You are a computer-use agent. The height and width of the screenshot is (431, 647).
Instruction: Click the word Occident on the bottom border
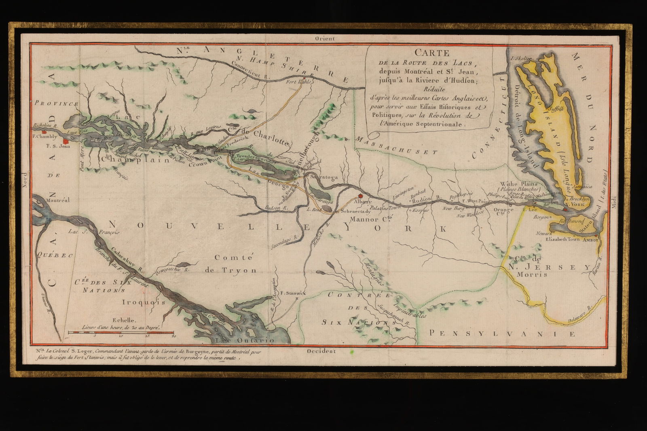point(321,351)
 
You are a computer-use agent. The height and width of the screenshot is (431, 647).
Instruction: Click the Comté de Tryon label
point(235,263)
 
